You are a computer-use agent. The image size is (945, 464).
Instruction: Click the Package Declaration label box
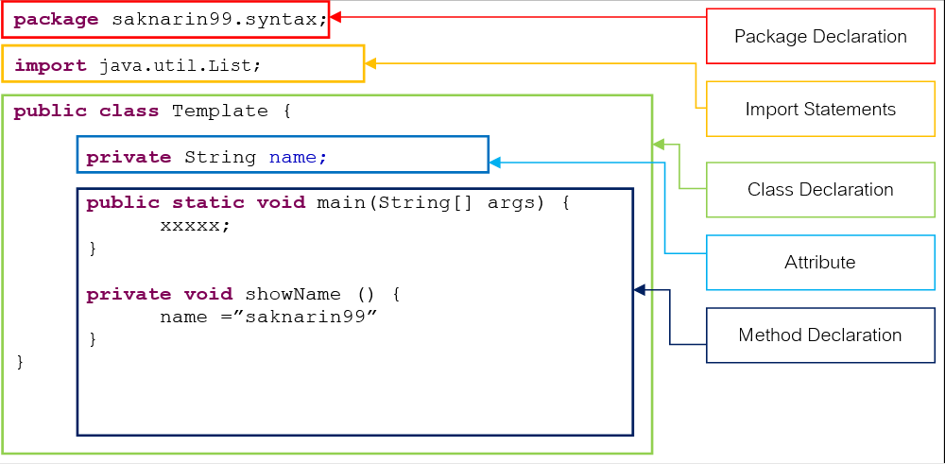click(820, 37)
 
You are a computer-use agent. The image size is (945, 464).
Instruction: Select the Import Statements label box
click(820, 110)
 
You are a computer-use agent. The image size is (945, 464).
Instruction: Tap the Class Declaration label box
click(820, 190)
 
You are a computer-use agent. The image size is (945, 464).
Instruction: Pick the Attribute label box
click(820, 263)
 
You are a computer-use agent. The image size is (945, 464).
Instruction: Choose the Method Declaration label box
click(820, 335)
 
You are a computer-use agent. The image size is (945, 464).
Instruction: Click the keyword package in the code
click(57, 19)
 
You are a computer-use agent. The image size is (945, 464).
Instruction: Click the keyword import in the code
click(51, 65)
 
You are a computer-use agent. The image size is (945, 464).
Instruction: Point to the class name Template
click(219, 111)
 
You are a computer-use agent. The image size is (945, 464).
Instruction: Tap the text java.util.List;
click(180, 65)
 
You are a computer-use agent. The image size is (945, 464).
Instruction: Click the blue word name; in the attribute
click(298, 157)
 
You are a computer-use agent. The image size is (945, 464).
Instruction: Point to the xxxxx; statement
click(195, 226)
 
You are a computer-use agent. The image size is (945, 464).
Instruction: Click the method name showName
click(292, 294)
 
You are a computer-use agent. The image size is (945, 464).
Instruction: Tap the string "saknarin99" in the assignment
click(311, 317)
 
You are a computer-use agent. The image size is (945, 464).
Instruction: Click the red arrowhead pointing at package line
click(335, 16)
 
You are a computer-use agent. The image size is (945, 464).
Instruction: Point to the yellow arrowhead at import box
click(370, 63)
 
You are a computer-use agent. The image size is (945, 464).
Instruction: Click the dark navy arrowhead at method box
click(639, 289)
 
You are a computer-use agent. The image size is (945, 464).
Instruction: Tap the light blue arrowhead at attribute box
click(494, 163)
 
